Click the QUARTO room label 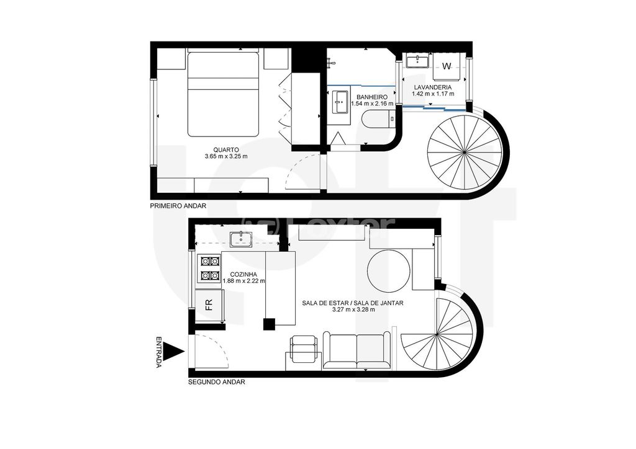click(x=226, y=149)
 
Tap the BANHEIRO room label click(x=372, y=97)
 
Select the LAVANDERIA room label click(x=434, y=87)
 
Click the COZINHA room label click(x=244, y=274)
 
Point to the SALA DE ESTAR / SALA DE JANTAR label click(x=353, y=303)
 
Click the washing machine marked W click(x=447, y=66)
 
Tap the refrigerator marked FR click(x=209, y=305)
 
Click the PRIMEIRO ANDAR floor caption click(x=178, y=205)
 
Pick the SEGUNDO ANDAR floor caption click(x=216, y=383)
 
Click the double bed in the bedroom click(x=223, y=94)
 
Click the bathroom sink click(x=340, y=102)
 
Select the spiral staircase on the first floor click(x=465, y=151)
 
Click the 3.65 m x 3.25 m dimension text click(x=226, y=157)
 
